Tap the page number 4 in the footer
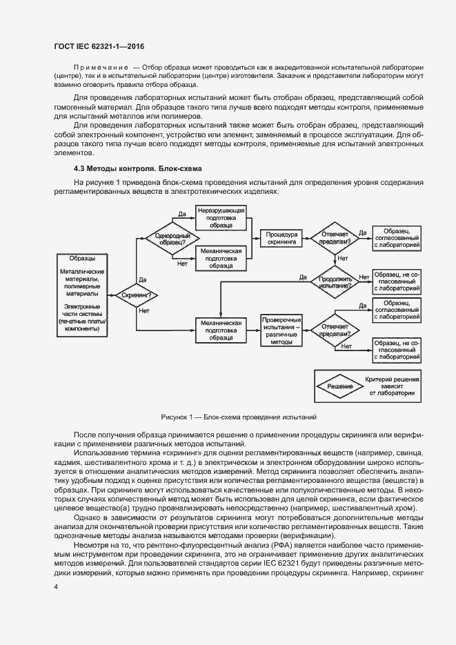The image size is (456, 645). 56,586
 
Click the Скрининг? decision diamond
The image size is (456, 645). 136,295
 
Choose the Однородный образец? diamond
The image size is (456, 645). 168,239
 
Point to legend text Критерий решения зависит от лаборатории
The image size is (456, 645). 391,387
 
